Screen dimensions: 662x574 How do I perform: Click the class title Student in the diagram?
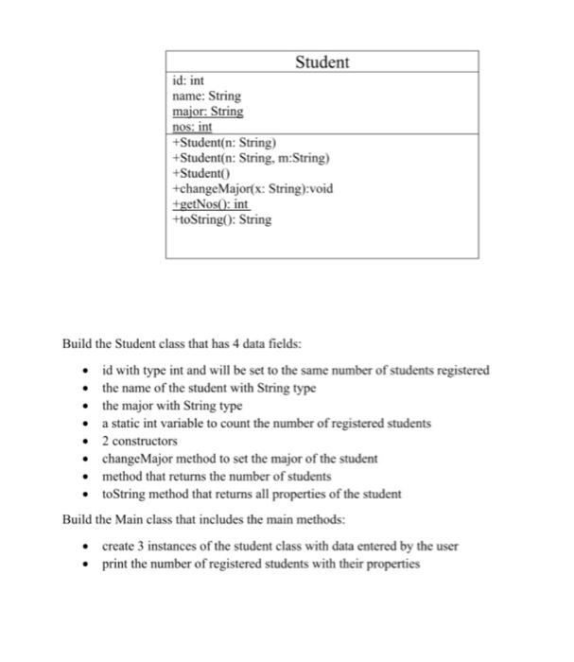[x=322, y=62]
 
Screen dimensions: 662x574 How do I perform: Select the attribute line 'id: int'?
[x=189, y=82]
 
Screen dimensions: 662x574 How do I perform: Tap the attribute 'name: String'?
[x=206, y=96]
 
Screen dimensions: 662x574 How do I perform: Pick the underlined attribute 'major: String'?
[x=208, y=112]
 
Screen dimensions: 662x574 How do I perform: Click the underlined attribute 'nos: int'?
[x=193, y=126]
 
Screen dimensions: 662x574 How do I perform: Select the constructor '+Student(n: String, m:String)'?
[x=251, y=159]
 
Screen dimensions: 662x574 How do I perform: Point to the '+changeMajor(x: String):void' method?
[x=252, y=188]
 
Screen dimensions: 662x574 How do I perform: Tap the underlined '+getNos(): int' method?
[x=210, y=203]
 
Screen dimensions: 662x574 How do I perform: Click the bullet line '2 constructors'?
[x=141, y=441]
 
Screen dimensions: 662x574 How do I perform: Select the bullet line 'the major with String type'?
[x=172, y=406]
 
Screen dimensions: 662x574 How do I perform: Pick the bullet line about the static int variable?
[x=266, y=423]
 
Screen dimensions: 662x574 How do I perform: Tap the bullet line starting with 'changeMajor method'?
[x=239, y=458]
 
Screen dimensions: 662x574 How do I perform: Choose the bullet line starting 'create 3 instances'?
[x=279, y=547]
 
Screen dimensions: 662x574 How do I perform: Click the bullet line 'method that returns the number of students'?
[x=217, y=476]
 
